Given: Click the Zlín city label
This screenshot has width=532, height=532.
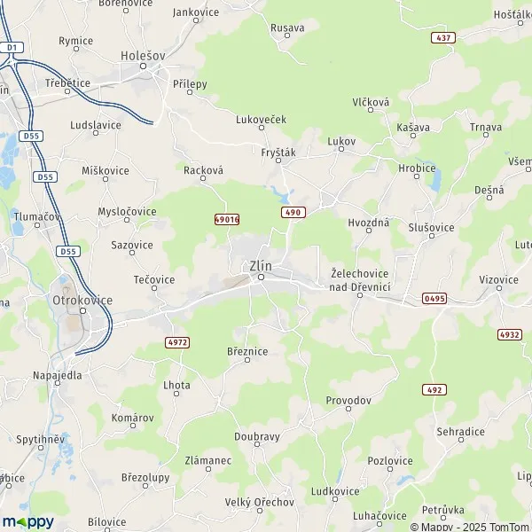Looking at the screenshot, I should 259,264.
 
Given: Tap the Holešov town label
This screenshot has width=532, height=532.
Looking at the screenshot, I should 143,55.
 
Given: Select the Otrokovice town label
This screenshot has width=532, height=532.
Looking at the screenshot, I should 78,300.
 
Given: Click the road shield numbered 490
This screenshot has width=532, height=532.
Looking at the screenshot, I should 293,213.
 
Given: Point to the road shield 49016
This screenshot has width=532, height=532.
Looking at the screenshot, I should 227,218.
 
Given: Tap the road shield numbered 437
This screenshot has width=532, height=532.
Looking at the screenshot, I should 443,38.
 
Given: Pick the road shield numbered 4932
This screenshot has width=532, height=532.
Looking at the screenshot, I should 510,334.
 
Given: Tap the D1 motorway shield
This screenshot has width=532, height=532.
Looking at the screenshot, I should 12,46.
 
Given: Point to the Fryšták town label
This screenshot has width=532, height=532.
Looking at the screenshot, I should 278,151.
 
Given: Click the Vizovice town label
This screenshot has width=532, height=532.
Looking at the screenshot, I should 498,279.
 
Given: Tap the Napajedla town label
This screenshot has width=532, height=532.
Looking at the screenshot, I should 56,375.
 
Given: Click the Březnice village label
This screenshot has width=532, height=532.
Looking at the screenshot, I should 247,351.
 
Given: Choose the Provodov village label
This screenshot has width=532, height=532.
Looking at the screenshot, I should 348,401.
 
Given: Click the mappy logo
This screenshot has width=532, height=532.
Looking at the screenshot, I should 27,520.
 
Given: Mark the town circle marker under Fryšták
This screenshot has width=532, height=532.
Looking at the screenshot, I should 278,161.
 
